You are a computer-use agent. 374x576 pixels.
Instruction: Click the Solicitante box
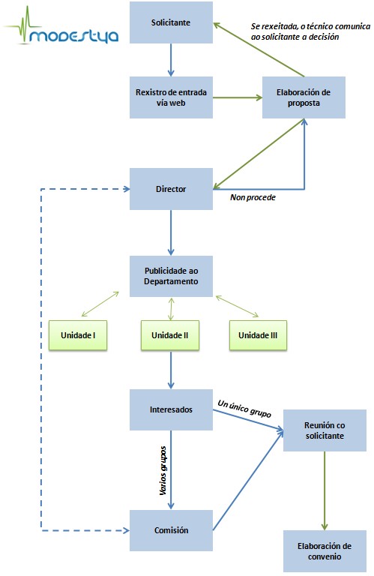tap(171, 22)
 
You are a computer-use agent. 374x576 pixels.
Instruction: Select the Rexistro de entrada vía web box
tap(171, 97)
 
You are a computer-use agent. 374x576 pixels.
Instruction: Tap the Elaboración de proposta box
tap(304, 97)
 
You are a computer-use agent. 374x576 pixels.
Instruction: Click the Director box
tap(171, 189)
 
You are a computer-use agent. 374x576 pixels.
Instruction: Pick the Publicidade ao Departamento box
tap(171, 276)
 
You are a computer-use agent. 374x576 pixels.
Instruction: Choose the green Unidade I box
tap(78, 335)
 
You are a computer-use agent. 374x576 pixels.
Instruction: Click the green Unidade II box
tap(170, 335)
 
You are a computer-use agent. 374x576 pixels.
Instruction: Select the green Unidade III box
tap(258, 335)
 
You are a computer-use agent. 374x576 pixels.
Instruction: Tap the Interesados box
tap(171, 409)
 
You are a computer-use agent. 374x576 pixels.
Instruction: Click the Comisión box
tap(171, 530)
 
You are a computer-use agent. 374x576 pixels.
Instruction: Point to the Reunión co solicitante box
tap(325, 430)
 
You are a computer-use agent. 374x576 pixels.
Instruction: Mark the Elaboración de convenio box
tap(325, 551)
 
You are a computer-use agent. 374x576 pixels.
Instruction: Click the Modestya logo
tap(61, 26)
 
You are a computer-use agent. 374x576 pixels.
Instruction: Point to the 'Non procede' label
tap(253, 197)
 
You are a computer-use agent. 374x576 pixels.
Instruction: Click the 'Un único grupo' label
tap(244, 409)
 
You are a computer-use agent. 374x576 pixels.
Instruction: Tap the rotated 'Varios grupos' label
tap(163, 470)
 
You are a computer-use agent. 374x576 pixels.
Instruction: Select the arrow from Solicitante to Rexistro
tap(171, 60)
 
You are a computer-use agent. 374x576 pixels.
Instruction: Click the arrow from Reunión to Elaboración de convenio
tap(325, 490)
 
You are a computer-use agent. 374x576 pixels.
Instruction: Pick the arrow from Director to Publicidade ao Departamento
tap(171, 232)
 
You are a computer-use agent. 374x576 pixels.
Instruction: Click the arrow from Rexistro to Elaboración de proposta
tap(238, 97)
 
